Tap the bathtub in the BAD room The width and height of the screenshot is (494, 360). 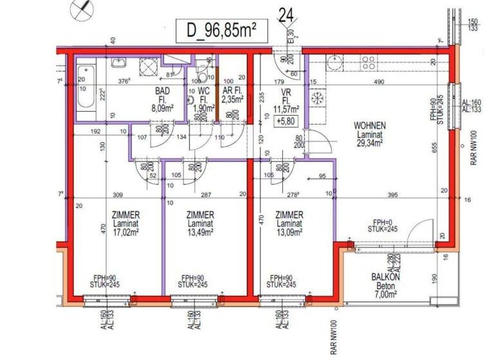[86, 93]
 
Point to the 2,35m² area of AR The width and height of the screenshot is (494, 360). [232, 100]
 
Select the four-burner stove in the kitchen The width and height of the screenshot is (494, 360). [368, 62]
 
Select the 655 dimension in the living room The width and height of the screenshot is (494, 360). [434, 147]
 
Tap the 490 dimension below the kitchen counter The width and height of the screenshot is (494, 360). [379, 82]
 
